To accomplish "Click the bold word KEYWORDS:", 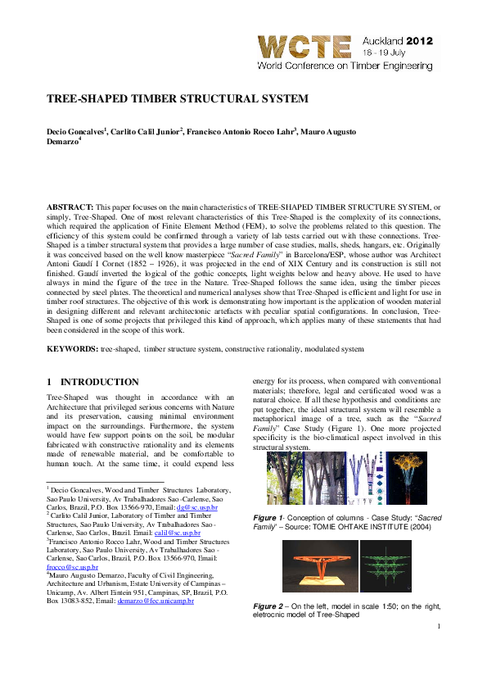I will [71, 349].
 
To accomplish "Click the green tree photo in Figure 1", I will [286, 479].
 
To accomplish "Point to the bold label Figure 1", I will [268, 520].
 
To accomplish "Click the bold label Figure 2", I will [268, 606].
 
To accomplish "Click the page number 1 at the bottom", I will [439, 627].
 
